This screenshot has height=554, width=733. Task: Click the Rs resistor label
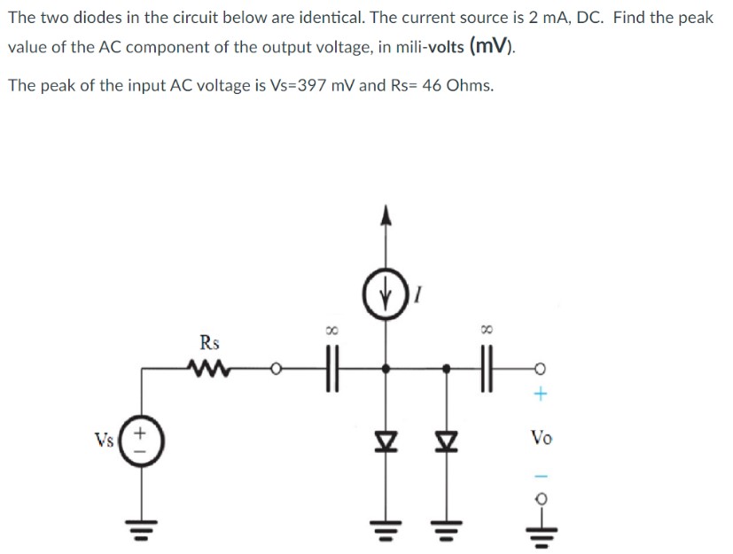(x=211, y=341)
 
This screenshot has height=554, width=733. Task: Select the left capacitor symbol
(x=331, y=367)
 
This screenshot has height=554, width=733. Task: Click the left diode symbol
(x=384, y=437)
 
